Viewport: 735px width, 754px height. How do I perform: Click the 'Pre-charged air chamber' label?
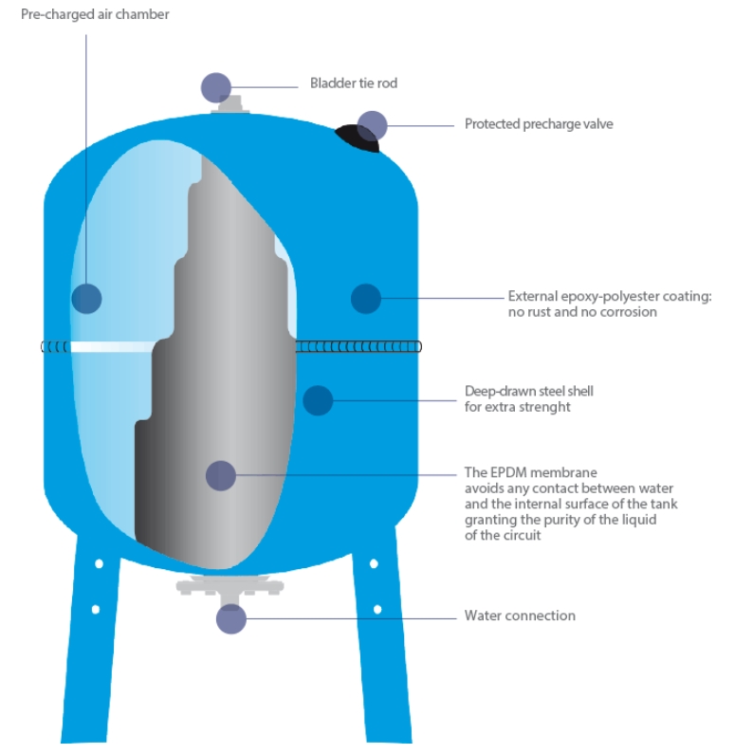(82, 14)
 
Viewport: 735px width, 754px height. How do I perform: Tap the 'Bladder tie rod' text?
(353, 83)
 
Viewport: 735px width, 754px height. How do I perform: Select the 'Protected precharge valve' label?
(539, 124)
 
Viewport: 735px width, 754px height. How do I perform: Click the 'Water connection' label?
(520, 616)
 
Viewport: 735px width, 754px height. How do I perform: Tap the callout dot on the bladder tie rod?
(216, 87)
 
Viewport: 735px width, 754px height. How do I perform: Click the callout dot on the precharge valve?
(373, 125)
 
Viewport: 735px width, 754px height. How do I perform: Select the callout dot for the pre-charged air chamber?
(86, 299)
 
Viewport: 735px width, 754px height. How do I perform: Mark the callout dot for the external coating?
(365, 299)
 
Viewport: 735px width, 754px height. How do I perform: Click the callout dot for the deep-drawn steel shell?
(318, 399)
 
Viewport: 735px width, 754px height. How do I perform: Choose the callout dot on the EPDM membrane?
(221, 475)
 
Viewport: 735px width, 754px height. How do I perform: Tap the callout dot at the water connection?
(230, 619)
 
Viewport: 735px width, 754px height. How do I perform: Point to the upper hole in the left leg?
(99, 563)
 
